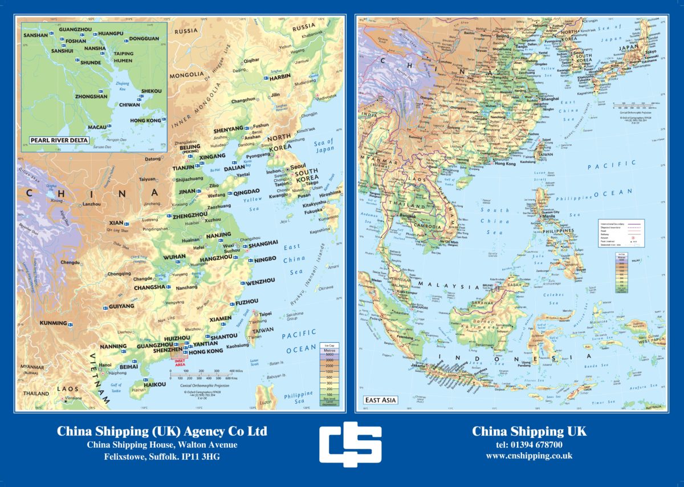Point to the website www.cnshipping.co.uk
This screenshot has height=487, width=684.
pos(528,456)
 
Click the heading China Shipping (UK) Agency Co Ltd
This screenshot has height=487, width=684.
pos(162,432)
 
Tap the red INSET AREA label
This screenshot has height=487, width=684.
pos(180,362)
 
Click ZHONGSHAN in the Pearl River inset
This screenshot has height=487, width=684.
pos(91,96)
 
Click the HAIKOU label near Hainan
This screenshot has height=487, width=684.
pos(154,385)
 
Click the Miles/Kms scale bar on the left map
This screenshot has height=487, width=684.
pos(202,374)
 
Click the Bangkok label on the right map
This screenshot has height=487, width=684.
pos(407,216)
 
